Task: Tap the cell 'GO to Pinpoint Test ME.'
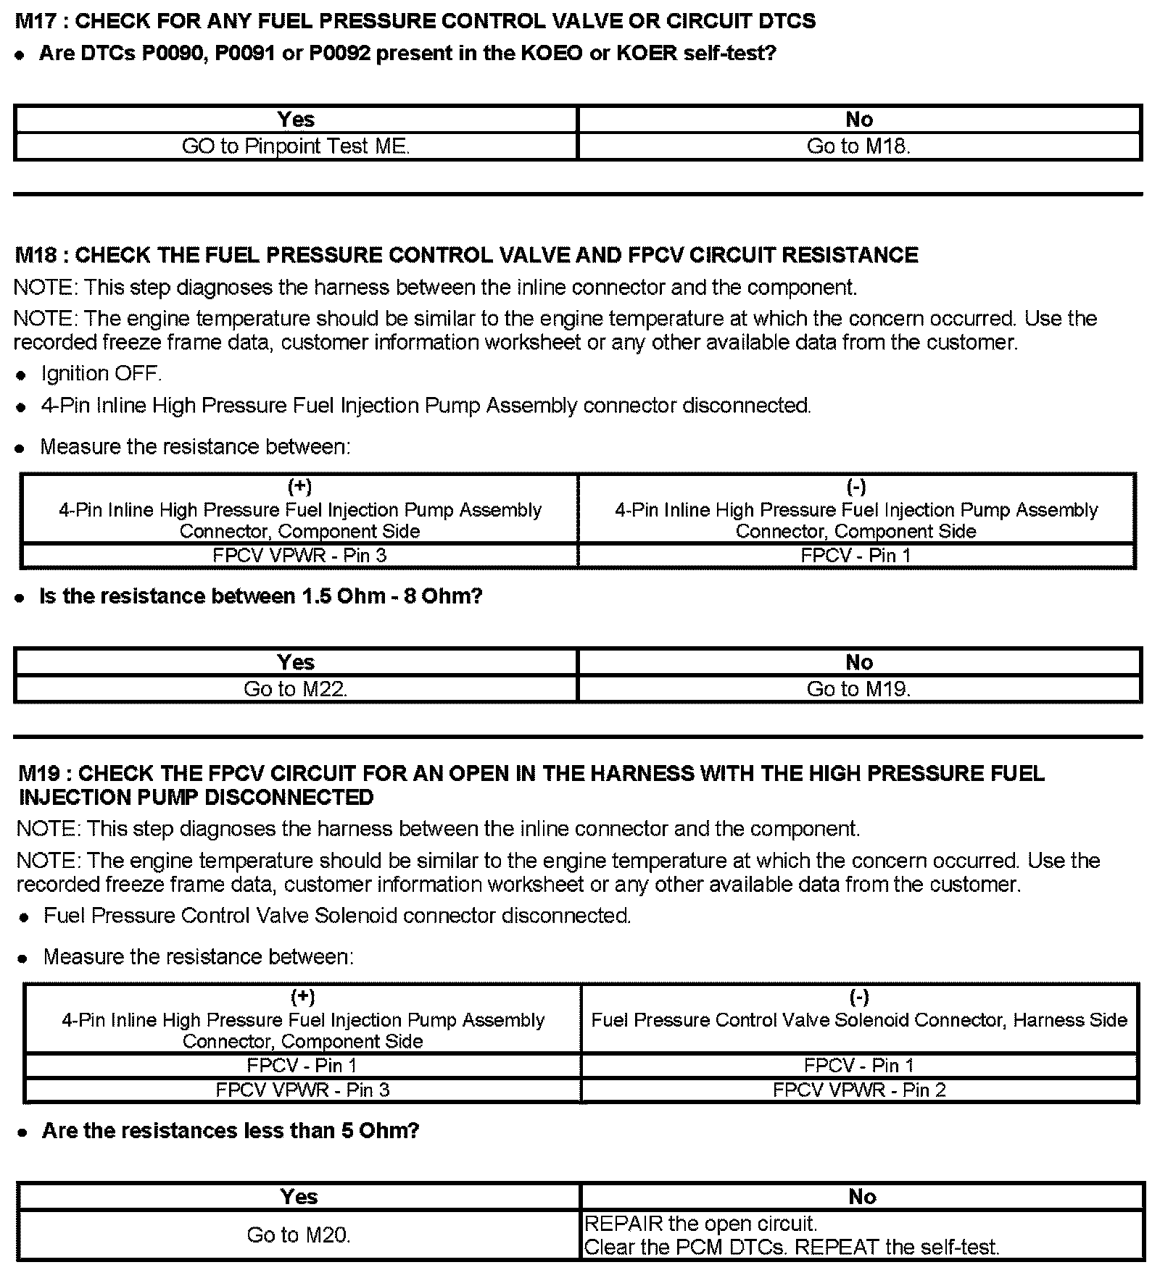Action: coord(296,146)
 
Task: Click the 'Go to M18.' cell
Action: coord(858,146)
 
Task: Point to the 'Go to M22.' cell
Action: coord(296,689)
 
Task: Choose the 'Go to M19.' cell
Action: coord(858,689)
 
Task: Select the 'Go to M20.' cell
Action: coord(299,1235)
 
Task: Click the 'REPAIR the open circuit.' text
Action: coord(700,1224)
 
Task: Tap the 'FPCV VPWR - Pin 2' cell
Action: coord(859,1090)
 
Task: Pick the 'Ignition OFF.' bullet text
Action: coord(101,374)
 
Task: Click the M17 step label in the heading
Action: coord(36,22)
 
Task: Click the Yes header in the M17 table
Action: coord(296,120)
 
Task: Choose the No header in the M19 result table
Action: coord(862,1197)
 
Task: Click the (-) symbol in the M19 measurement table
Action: coord(858,998)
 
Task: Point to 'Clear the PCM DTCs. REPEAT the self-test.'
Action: coord(792,1248)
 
